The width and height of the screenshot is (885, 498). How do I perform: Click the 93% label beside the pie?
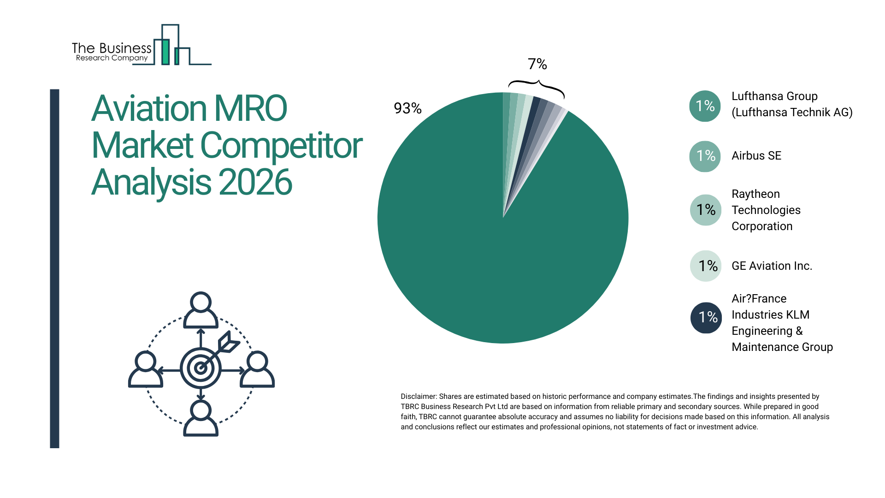pos(407,108)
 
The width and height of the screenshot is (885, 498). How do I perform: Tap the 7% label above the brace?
pos(537,64)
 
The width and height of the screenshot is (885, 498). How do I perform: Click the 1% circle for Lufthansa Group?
pos(705,106)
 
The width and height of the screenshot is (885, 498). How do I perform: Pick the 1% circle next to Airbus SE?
pos(705,156)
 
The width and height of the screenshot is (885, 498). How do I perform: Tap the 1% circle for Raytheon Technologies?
pos(705,210)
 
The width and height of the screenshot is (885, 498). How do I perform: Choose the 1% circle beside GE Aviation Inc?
pos(706,266)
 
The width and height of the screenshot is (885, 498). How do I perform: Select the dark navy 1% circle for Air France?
pos(706,317)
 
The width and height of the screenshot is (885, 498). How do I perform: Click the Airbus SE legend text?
pos(756,156)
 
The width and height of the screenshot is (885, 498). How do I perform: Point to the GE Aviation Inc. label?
pos(772,266)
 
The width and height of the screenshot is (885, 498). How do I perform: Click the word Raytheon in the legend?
pos(755,194)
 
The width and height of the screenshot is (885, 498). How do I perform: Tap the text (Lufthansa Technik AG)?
pos(792,113)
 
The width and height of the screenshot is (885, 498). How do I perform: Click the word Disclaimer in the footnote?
pos(418,397)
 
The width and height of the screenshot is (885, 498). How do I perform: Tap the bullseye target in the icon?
pos(201,368)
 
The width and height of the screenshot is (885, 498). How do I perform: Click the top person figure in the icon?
pos(201,310)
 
